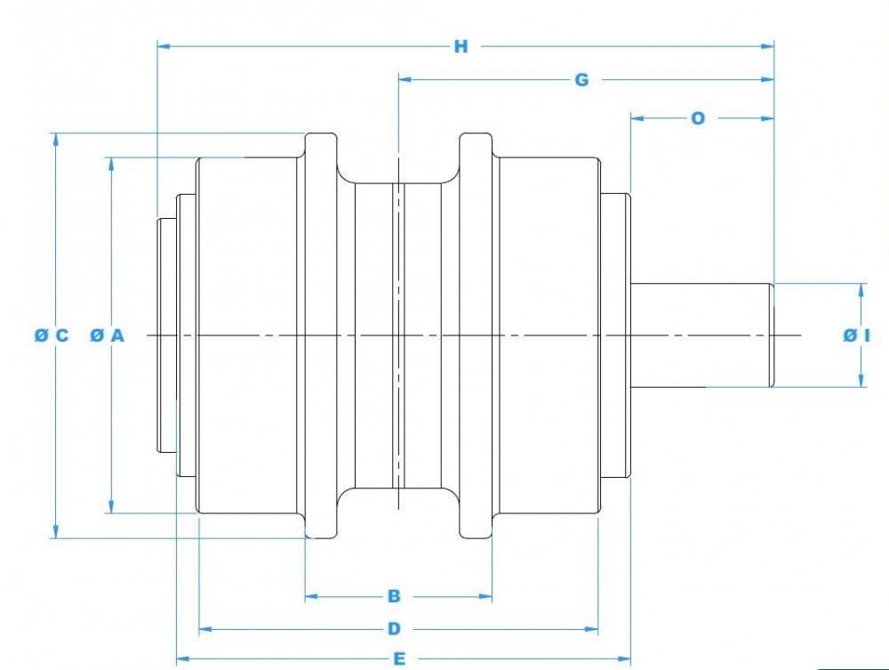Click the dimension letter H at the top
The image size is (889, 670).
[461, 46]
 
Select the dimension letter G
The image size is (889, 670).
[581, 80]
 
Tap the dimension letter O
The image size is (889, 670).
[698, 117]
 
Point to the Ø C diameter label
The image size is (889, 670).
[51, 335]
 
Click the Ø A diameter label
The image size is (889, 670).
[108, 335]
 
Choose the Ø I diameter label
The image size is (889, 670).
[856, 335]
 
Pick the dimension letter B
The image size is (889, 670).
[394, 595]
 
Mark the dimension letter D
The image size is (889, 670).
[394, 629]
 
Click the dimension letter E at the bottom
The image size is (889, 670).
[400, 658]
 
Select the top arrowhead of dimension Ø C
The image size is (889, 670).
[56, 140]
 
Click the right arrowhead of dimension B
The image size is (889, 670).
[486, 595]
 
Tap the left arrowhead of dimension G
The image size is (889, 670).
[404, 80]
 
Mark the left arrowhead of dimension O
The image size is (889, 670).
[637, 117]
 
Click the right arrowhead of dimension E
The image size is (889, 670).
[625, 658]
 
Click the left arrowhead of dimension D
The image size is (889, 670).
[204, 629]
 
